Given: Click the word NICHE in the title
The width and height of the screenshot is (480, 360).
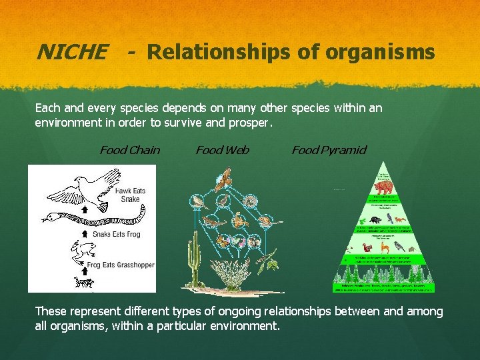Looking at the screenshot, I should point(71,52).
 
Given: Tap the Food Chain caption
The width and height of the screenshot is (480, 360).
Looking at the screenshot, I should point(129,150).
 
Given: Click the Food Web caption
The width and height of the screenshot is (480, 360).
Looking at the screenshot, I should point(222,150).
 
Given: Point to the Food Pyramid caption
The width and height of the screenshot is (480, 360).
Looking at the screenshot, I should point(329,150).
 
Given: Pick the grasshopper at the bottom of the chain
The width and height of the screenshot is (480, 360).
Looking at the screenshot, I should point(84,283).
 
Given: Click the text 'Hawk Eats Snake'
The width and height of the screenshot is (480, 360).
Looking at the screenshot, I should point(130,195).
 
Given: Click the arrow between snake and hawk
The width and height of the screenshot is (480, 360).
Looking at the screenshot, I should point(85,209).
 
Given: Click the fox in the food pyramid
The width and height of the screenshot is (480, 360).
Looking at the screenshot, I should point(400,219).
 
